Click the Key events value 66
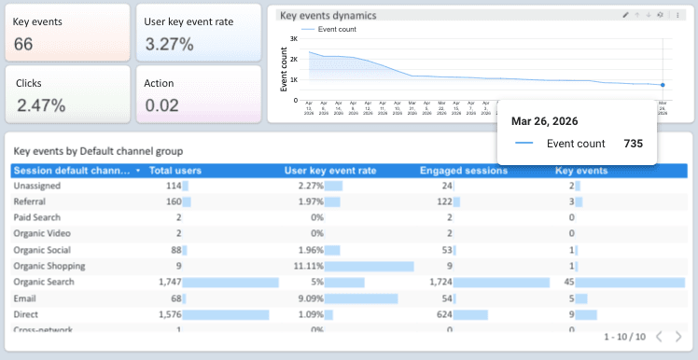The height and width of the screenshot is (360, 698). (24, 44)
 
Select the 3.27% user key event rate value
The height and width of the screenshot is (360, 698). (169, 44)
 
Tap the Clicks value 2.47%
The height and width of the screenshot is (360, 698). (40, 104)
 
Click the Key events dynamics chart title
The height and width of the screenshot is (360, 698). (328, 16)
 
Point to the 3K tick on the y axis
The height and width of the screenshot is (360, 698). (293, 39)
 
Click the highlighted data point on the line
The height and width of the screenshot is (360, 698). (663, 85)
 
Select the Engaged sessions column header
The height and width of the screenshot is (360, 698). (464, 171)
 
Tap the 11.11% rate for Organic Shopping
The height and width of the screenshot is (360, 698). (309, 266)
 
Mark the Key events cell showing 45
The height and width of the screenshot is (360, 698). (567, 282)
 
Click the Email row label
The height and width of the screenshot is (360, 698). (25, 298)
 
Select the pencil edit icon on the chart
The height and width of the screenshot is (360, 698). (625, 15)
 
